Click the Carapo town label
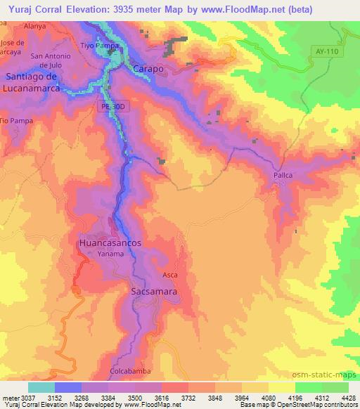[146, 70]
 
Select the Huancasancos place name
[110, 242]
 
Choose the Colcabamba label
[129, 371]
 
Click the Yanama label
[111, 254]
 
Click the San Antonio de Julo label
[51, 61]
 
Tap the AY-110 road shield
[327, 51]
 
